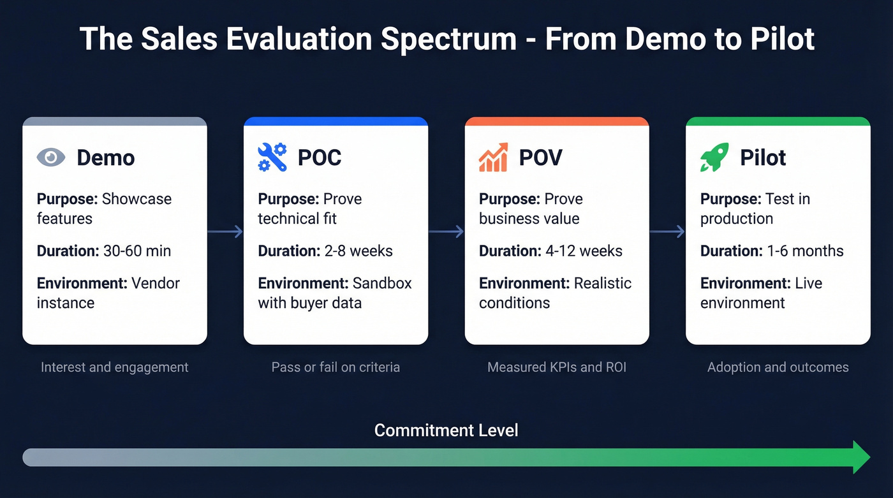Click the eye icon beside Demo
(51, 157)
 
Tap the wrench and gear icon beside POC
(272, 157)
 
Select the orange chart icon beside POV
(493, 157)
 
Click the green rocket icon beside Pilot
(714, 157)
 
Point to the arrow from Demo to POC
(225, 231)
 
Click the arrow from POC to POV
(446, 231)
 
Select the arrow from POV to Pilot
(667, 231)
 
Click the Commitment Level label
(446, 430)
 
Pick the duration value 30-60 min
(137, 251)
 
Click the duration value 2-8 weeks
(356, 251)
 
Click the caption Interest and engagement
(115, 367)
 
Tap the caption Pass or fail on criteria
(336, 367)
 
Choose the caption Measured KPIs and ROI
(557, 367)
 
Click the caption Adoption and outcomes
(778, 367)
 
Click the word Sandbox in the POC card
(382, 283)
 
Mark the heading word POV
(540, 157)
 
